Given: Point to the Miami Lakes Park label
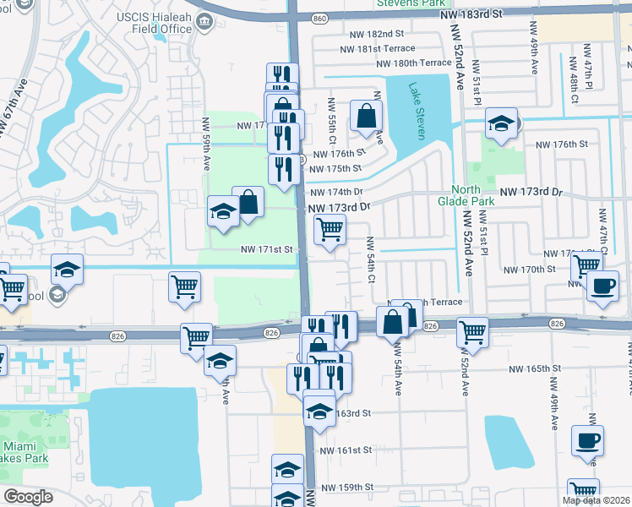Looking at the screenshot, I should (x=23, y=452).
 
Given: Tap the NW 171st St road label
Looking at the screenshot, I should (x=266, y=249).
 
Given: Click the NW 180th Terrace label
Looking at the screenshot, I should (x=414, y=63).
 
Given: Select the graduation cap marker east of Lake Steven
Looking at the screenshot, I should (x=501, y=124).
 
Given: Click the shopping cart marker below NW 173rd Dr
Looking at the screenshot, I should (x=330, y=228).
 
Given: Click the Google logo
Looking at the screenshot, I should (x=28, y=497).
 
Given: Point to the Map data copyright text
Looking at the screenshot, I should (x=597, y=500).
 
